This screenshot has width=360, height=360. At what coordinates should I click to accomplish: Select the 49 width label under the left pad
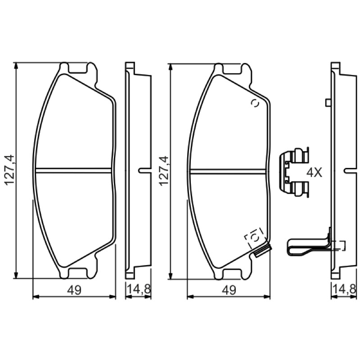74,290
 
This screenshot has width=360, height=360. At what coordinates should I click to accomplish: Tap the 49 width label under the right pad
229,290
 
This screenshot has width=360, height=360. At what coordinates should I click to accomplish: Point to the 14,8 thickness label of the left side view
139,289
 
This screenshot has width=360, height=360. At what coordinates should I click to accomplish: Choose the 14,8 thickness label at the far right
346,289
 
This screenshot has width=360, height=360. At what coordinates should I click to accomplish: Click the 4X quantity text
315,172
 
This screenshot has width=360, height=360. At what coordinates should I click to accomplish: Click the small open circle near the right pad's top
255,103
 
